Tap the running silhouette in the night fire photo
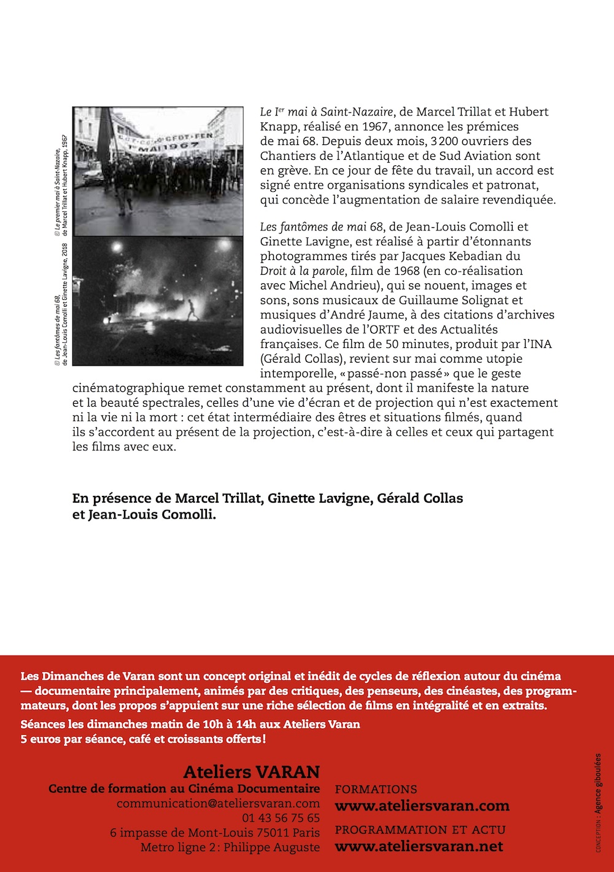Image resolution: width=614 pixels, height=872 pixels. tap(193, 308)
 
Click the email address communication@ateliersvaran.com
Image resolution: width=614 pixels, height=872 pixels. tap(218, 803)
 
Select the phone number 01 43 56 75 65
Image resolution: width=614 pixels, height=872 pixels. tap(281, 818)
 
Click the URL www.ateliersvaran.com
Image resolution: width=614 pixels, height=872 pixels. tap(422, 806)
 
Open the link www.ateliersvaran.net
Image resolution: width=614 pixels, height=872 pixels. tap(419, 846)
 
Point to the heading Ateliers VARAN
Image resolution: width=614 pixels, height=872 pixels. tap(252, 772)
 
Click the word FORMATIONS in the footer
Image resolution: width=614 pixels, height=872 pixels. tap(376, 789)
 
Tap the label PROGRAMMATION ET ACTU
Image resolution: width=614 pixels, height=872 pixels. tap(420, 830)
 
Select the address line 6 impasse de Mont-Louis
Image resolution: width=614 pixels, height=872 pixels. tap(215, 833)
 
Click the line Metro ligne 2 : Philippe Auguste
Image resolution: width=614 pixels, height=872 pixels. tap(230, 847)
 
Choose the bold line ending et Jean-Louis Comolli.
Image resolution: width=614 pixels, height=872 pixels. tap(144, 514)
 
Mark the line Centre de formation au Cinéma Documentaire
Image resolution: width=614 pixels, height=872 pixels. tap(184, 788)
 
